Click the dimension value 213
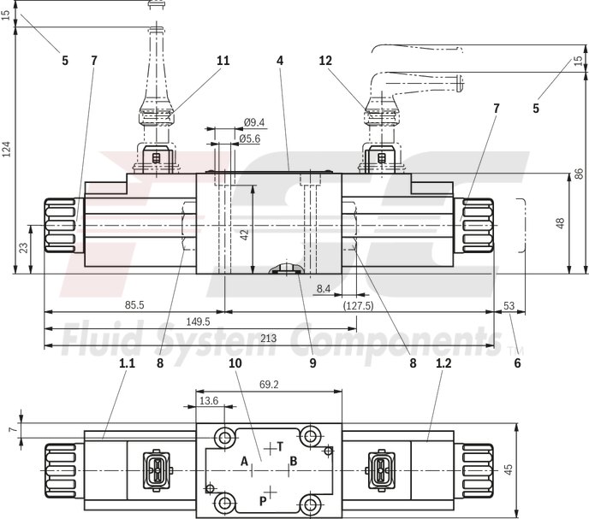click(x=268, y=339)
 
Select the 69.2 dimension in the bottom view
click(x=270, y=386)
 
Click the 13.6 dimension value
click(x=208, y=400)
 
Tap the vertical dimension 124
click(x=8, y=150)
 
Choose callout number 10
click(x=235, y=363)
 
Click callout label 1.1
click(x=127, y=363)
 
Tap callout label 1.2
click(x=443, y=363)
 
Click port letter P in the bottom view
click(x=262, y=500)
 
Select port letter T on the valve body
click(x=280, y=446)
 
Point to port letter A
click(x=244, y=462)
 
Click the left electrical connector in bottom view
click(x=155, y=469)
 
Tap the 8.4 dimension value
click(x=323, y=290)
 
